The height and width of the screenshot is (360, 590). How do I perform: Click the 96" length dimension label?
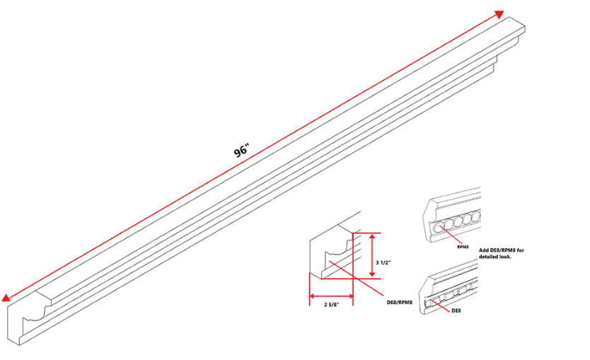[x=243, y=151]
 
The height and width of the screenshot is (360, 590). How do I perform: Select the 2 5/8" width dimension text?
[x=331, y=305]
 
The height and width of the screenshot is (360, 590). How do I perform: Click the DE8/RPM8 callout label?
[x=400, y=302]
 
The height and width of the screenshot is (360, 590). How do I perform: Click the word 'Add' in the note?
[x=485, y=250]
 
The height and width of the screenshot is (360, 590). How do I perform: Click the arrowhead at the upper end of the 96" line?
[x=499, y=14]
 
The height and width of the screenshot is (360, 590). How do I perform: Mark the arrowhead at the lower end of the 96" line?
[x=7, y=298]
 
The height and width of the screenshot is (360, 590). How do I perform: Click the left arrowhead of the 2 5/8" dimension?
[x=312, y=296]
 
